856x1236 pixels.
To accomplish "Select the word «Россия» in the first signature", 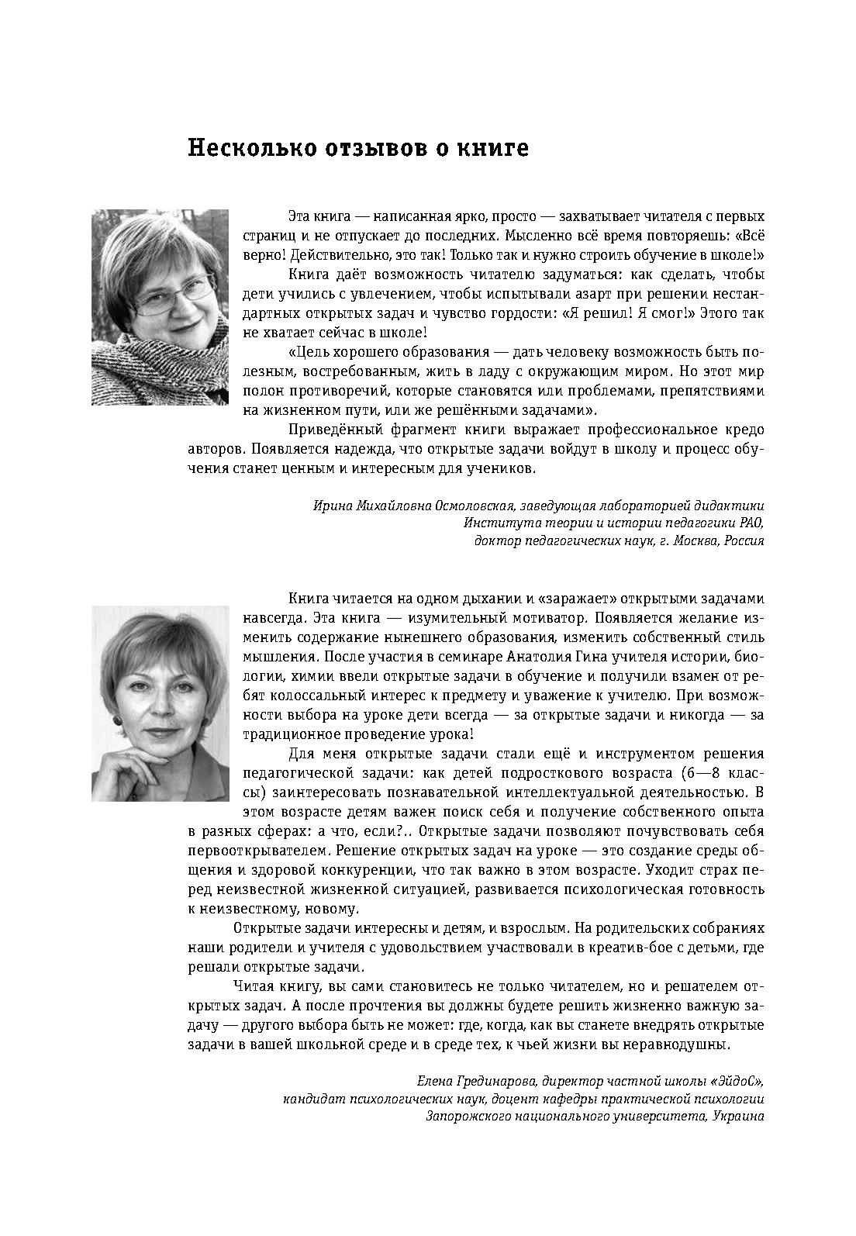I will tap(744, 541).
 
